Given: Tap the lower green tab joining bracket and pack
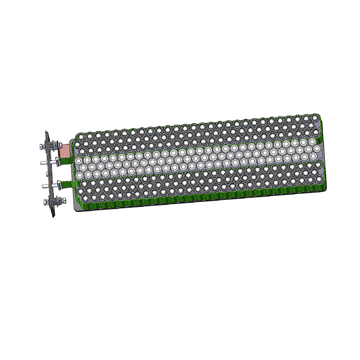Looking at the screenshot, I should [x=67, y=183].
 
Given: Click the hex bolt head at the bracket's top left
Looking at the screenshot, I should [x=41, y=146].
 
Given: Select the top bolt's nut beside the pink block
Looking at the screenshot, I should [x=58, y=146].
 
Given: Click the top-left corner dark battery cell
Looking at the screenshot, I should [x=82, y=136].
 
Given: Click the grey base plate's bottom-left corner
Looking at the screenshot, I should [x=73, y=209].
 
